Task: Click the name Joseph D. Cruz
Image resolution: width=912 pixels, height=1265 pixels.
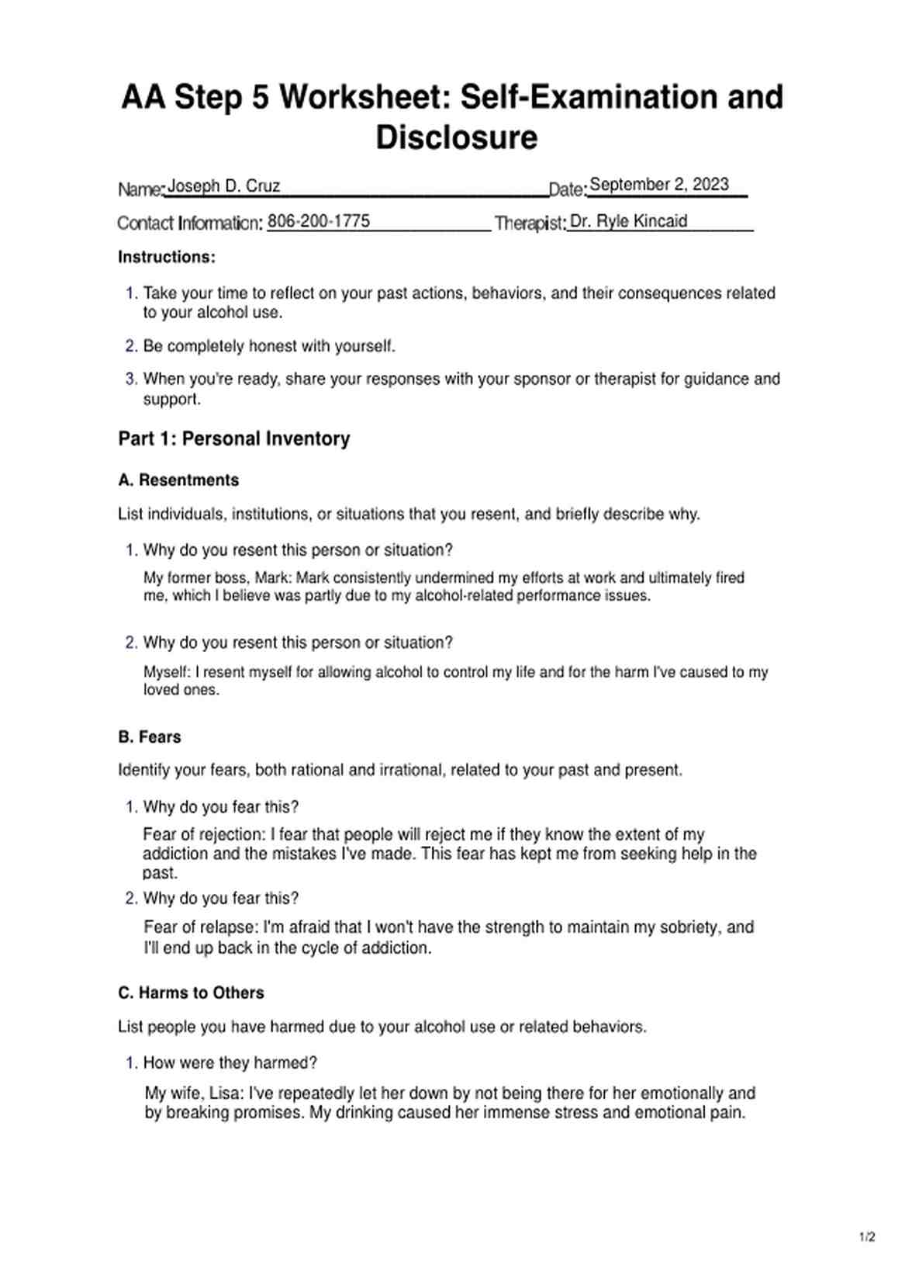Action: (x=223, y=186)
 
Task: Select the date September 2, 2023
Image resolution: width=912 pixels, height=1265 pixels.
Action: (x=658, y=185)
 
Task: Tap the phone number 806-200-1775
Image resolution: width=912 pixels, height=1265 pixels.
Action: (x=318, y=221)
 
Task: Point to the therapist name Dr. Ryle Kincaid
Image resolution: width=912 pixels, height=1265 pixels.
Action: (x=628, y=221)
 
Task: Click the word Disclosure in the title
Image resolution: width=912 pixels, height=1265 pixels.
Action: (x=456, y=138)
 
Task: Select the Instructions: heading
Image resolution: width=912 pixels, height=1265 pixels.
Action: (x=167, y=257)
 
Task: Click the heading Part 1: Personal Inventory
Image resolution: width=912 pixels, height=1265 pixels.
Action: (x=233, y=438)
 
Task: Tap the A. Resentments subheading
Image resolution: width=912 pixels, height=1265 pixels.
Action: (x=178, y=480)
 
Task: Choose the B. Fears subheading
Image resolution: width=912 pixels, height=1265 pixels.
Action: (x=150, y=737)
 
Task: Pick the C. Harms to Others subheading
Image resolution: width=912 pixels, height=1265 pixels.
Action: (x=191, y=993)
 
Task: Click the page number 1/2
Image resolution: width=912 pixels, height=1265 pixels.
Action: (x=867, y=1237)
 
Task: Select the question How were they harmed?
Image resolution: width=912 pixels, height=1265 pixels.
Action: (x=230, y=1063)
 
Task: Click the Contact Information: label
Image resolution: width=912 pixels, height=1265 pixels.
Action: (x=190, y=224)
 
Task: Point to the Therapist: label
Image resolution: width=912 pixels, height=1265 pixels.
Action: (x=530, y=224)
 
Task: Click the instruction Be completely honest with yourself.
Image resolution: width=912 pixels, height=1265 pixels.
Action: (x=269, y=346)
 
